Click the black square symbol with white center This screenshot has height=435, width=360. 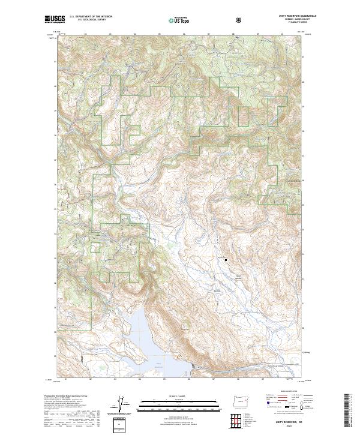226,260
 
